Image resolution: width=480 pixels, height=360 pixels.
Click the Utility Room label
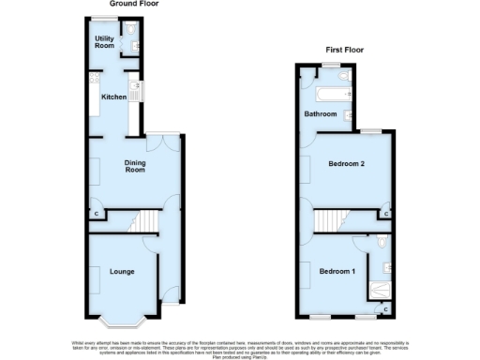click(x=104, y=41)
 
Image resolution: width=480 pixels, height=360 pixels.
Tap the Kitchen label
click(x=114, y=97)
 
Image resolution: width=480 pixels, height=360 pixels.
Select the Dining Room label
click(x=136, y=166)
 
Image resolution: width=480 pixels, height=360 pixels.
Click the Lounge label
click(x=123, y=272)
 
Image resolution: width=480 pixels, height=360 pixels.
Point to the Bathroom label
click(x=320, y=113)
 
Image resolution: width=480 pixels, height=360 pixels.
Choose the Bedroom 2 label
click(x=346, y=164)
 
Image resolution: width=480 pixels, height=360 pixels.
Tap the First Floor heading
click(x=345, y=49)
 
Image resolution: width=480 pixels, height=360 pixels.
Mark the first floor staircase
click(x=330, y=221)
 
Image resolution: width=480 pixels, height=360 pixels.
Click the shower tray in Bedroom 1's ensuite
click(x=382, y=290)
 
